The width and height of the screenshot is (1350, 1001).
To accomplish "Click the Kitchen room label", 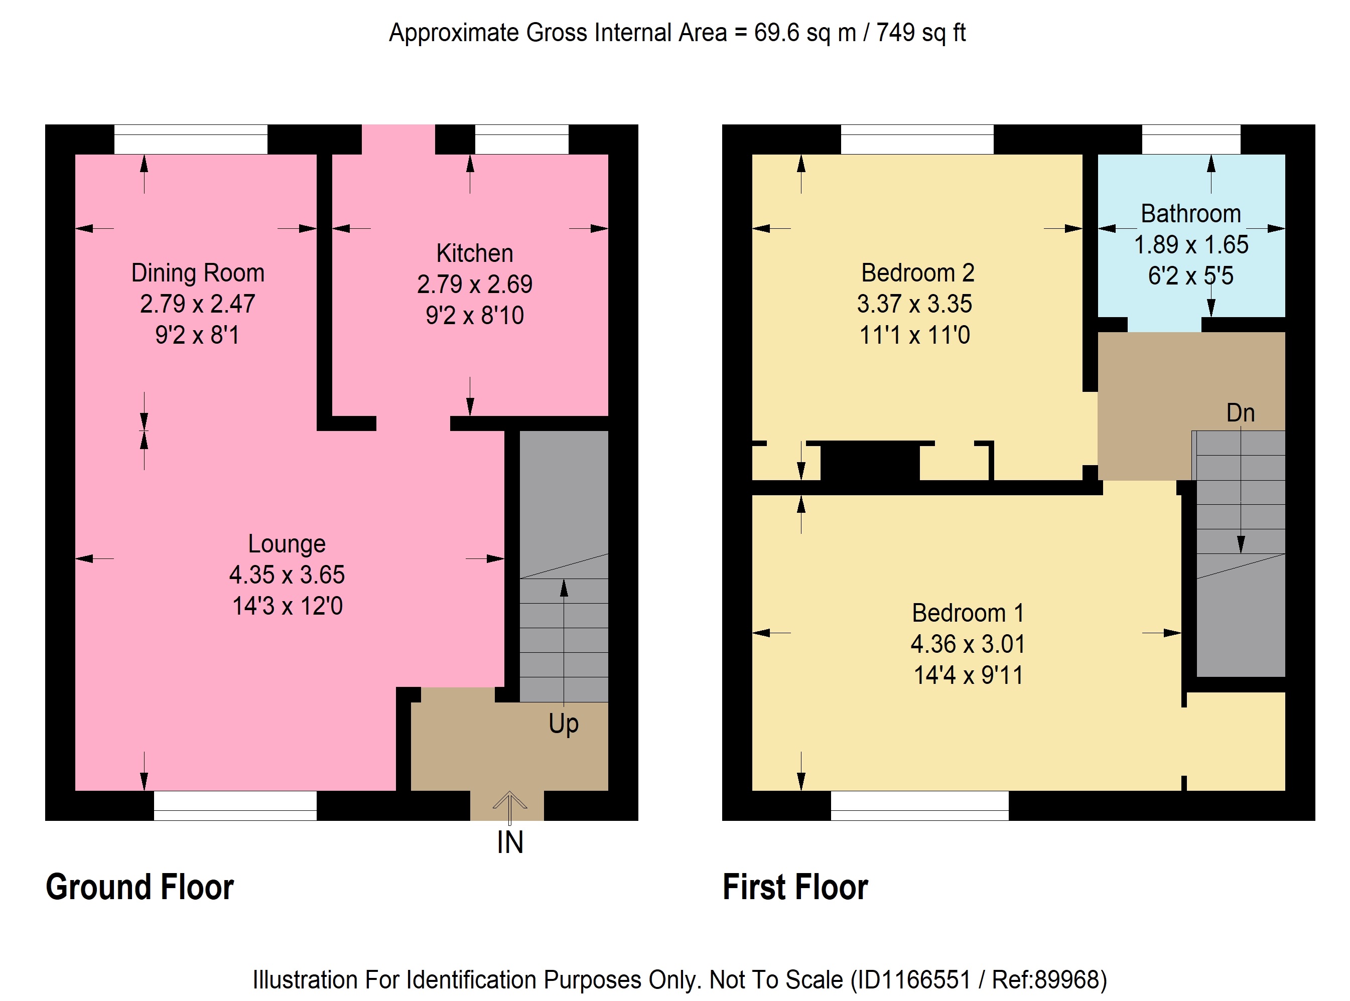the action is point(474,253).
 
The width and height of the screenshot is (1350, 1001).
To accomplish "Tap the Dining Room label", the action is point(198,273).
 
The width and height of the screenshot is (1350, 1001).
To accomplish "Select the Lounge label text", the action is point(287,544).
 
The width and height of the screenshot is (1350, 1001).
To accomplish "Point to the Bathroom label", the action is point(1190,214).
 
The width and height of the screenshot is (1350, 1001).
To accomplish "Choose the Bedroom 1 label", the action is point(968,613).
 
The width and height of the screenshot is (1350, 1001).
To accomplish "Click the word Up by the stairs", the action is point(564,724).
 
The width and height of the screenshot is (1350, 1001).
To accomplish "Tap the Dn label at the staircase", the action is point(1240,413).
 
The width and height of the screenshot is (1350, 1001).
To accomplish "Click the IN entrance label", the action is point(509,842).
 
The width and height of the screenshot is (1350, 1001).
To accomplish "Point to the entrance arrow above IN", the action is point(509,808).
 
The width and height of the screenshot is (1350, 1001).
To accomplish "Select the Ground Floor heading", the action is point(140,887).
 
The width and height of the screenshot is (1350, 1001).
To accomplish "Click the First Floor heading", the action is point(795,887).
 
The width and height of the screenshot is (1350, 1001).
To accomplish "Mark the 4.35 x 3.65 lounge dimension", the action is point(287,575).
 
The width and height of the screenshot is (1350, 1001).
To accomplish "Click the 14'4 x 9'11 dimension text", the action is point(968,675).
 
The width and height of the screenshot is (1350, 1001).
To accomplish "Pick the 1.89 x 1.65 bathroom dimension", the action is point(1190,245).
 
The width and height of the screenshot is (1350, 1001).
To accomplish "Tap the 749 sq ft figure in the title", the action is point(921,33).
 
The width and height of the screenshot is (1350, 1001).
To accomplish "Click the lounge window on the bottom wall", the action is point(235,806).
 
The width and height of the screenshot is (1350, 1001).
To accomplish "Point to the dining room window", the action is point(191,139).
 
